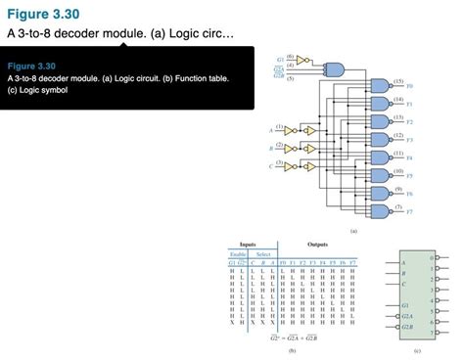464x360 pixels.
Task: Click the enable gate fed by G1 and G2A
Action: (333, 68)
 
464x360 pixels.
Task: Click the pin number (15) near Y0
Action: (396, 80)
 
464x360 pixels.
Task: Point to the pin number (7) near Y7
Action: (396, 204)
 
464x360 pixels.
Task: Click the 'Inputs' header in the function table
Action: (250, 245)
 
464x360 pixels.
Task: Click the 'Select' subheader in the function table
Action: (264, 254)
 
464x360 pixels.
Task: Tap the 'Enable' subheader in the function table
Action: (238, 254)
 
